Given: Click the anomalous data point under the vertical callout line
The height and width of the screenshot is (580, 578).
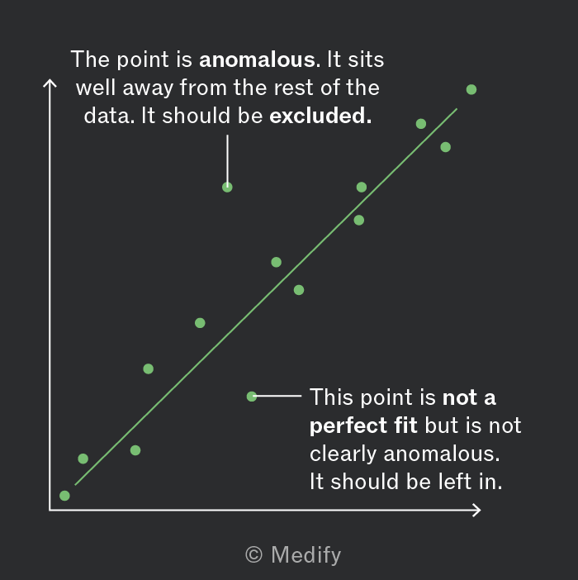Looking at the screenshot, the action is click(227, 188).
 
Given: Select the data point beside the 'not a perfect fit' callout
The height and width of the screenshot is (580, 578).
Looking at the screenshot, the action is click(252, 397).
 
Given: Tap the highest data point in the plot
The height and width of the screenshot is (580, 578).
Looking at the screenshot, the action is click(471, 89).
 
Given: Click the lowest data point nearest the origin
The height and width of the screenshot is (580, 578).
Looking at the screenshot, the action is click(64, 496).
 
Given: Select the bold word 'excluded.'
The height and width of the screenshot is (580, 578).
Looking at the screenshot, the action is click(320, 116).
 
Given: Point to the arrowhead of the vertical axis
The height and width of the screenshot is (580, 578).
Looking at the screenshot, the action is click(50, 83).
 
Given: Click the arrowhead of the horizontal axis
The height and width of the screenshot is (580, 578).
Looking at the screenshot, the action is click(476, 510).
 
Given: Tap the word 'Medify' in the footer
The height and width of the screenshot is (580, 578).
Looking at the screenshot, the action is click(306, 555).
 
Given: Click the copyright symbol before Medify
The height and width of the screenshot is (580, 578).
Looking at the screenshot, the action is click(253, 555).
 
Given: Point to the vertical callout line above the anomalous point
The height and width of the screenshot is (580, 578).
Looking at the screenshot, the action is click(227, 159).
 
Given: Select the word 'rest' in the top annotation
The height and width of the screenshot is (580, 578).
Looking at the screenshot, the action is click(295, 88).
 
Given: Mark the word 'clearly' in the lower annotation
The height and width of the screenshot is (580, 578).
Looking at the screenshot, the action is click(343, 454).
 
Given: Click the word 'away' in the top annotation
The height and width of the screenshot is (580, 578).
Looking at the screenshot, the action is click(148, 89).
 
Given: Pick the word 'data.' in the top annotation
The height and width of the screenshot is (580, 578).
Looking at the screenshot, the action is click(109, 116).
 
